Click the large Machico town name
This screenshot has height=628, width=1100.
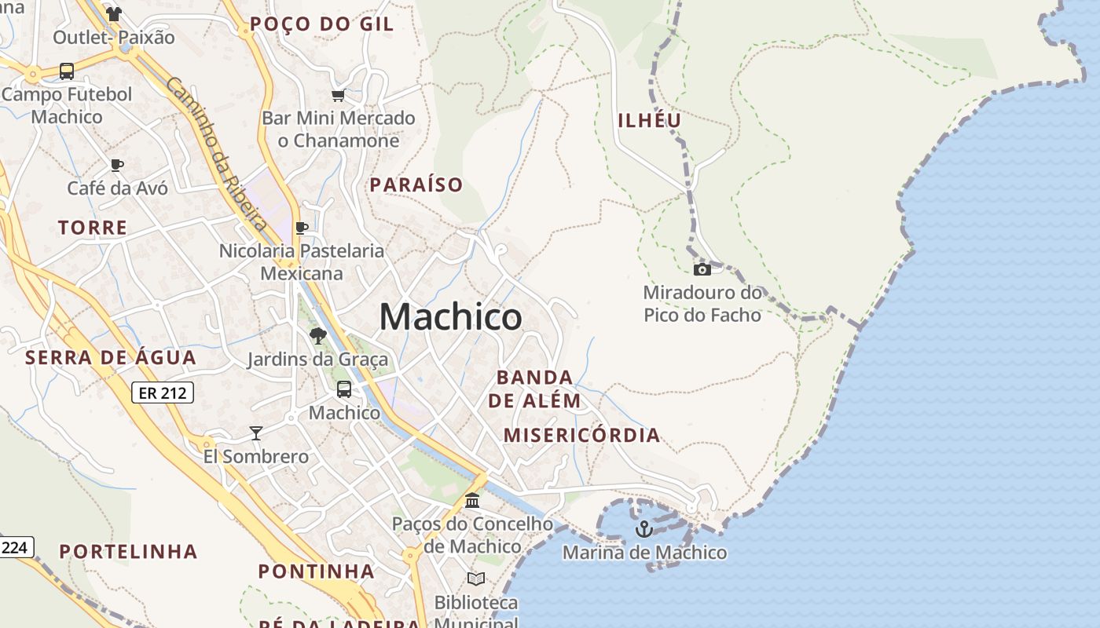450,317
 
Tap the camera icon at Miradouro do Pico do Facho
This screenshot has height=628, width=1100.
702,270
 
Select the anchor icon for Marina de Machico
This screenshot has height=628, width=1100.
644,529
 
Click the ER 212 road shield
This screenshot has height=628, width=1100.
162,392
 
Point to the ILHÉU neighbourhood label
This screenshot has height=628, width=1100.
650,120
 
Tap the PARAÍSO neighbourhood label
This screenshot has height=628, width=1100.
416,185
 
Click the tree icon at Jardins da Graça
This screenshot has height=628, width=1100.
318,337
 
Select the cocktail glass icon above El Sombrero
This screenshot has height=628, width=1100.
255,433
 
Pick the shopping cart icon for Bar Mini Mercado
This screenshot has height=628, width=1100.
338,96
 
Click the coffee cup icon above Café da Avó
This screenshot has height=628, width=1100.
117,165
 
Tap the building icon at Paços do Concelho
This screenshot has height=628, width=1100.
472,500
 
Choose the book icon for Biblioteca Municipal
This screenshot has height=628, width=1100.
476,579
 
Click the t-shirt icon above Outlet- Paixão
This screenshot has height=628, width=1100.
114,14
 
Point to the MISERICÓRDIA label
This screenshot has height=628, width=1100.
581,436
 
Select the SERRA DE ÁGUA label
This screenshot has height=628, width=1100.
111,358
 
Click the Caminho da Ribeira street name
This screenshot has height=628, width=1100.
217,154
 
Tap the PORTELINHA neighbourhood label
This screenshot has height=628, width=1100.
129,551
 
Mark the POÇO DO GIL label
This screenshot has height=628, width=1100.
321,24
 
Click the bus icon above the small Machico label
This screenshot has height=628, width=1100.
344,389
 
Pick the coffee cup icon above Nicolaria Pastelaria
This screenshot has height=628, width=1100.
302,228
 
